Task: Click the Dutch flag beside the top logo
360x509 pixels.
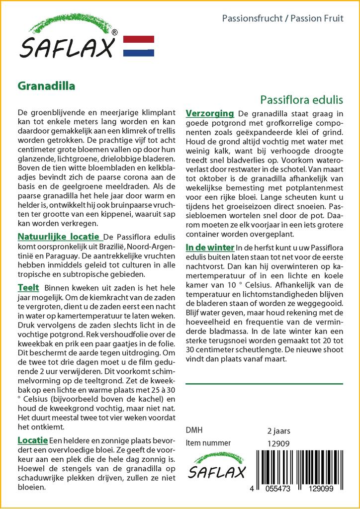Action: coord(138,46)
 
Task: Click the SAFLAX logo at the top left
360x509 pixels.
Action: coord(68,39)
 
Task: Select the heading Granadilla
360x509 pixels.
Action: coord(46,85)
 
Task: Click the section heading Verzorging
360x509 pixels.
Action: coord(209,113)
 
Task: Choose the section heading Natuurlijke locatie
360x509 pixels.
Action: coord(59,236)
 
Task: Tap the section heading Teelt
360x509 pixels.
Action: coord(28,288)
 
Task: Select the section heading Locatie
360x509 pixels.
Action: coord(33,440)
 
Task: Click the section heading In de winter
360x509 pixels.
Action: coord(209,247)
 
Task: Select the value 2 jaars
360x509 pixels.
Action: coord(278,430)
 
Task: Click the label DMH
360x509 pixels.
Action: coord(194,430)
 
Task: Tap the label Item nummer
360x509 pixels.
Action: coord(208,443)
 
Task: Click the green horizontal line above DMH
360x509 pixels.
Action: coord(264,384)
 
